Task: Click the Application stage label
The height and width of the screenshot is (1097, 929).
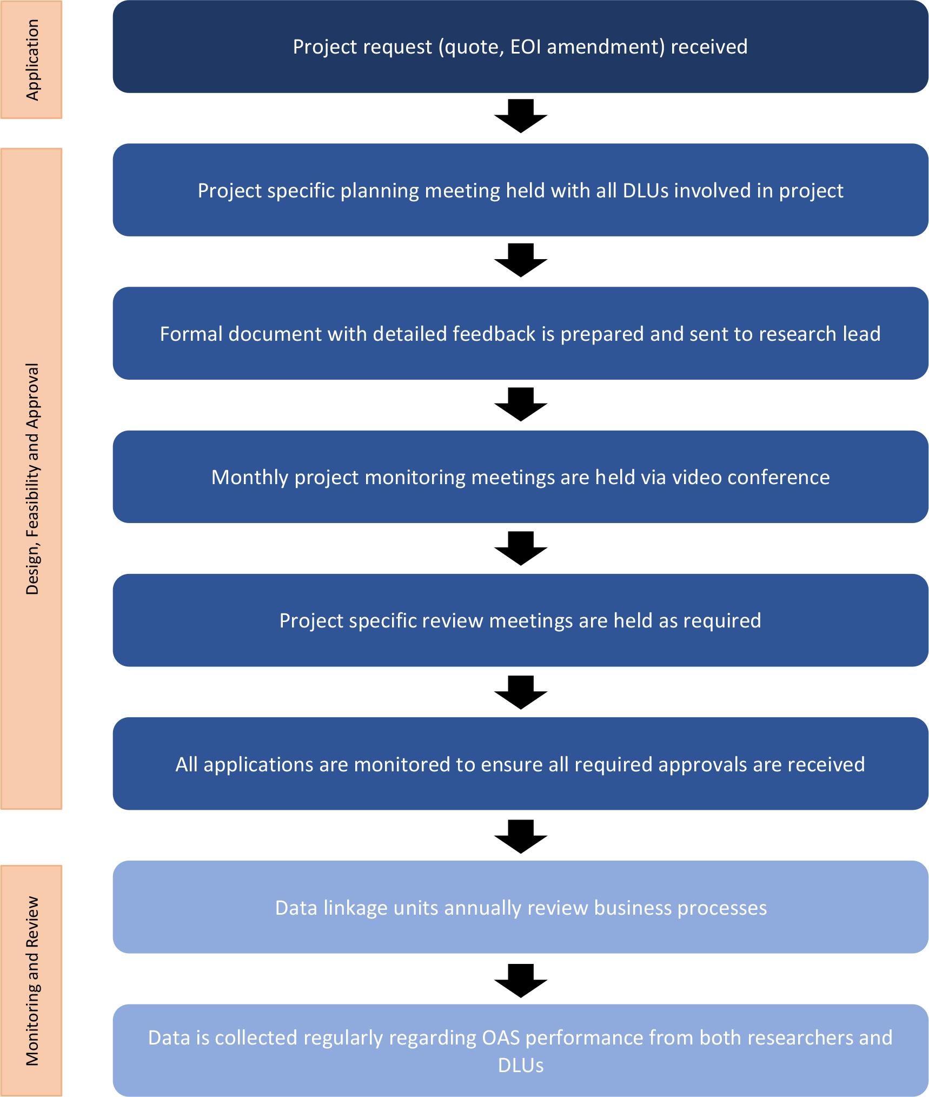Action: [x=31, y=60]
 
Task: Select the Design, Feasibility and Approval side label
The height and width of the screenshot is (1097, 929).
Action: [x=31, y=479]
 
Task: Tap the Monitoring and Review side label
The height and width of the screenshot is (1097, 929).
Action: [x=31, y=981]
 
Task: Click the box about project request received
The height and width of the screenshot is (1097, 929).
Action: [x=520, y=47]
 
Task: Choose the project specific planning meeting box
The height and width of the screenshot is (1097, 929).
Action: [x=520, y=190]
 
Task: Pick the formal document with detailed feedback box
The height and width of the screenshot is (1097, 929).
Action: [x=520, y=333]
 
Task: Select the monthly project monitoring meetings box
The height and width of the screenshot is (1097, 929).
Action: [x=520, y=477]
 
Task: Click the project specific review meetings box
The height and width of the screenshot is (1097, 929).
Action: [x=520, y=620]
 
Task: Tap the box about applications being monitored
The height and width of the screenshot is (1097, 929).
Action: [x=520, y=764]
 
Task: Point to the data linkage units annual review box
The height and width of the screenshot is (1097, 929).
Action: [x=520, y=907]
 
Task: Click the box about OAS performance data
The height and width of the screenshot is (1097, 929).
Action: [x=520, y=1050]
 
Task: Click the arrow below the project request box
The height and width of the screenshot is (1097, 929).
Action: [x=521, y=116]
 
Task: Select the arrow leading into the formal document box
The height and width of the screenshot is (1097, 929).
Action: [x=521, y=260]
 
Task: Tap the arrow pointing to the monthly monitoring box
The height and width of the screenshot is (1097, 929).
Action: [x=521, y=404]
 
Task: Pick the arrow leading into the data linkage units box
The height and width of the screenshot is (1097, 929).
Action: [x=521, y=836]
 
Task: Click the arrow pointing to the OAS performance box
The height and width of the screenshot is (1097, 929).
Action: [x=521, y=980]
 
